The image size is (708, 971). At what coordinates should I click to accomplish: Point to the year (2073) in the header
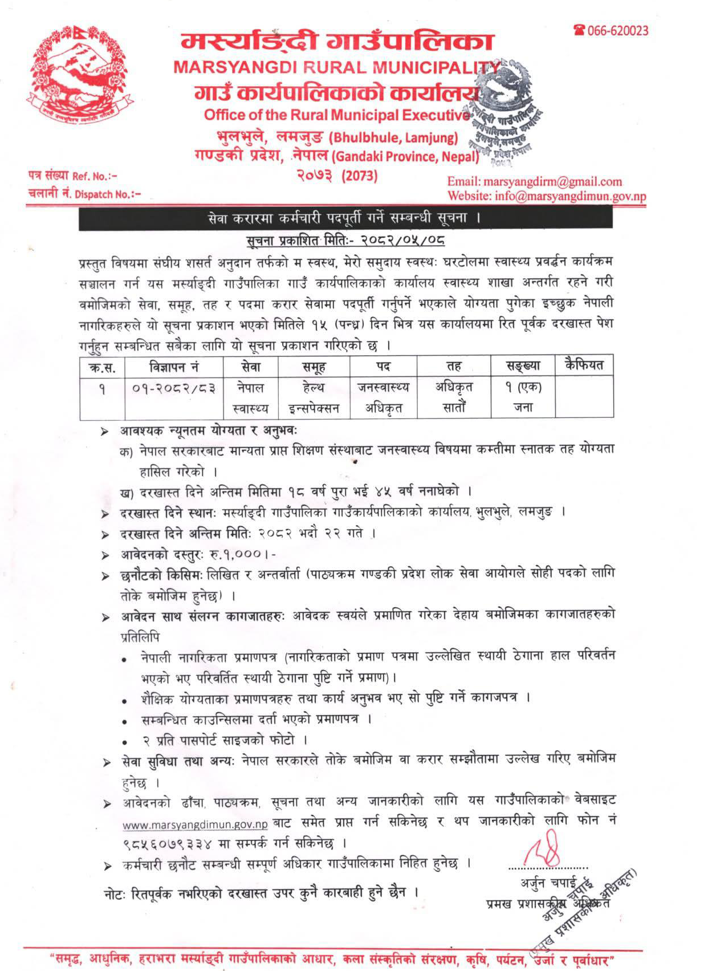[x=360, y=175]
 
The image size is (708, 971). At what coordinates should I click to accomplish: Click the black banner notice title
[x=345, y=218]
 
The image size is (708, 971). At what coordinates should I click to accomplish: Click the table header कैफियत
[x=584, y=365]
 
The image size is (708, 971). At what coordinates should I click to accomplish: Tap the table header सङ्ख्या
[x=523, y=366]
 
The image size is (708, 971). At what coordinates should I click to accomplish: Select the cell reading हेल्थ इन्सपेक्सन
[x=314, y=397]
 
